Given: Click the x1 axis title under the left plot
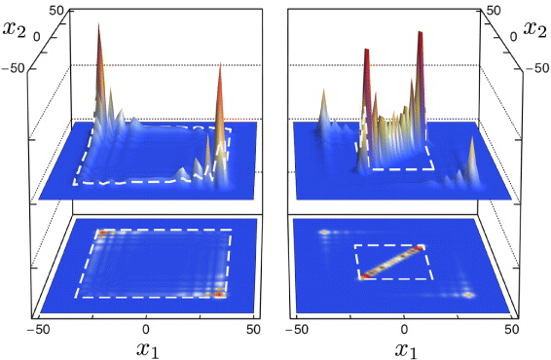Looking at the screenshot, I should point(147,348).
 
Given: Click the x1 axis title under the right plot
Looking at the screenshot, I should point(405,348).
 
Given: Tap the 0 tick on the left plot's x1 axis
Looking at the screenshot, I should point(147,329).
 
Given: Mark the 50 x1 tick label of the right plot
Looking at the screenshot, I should point(512,329).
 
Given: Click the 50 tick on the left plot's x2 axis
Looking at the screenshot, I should point(55,11).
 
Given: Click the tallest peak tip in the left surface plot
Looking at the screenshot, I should point(98,25).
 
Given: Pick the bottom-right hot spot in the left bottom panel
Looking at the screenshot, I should point(220,292).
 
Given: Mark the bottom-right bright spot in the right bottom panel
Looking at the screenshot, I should point(466,294).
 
